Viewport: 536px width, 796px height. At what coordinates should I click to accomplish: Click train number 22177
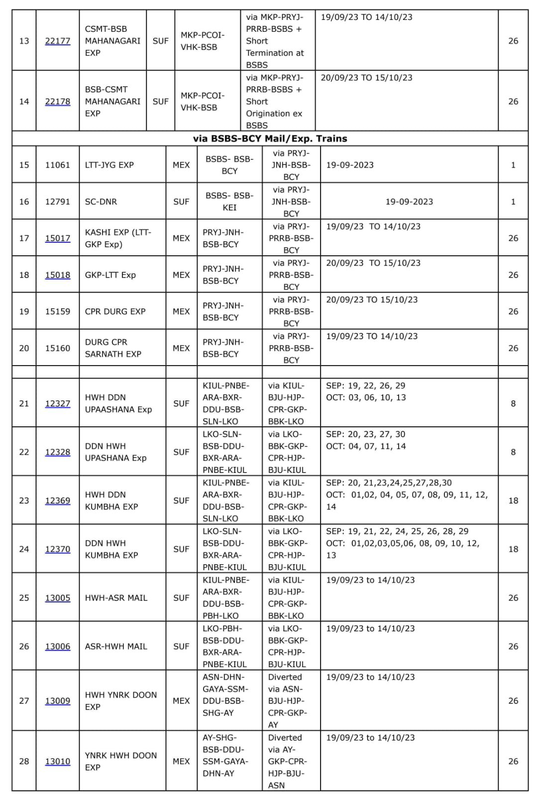pyautogui.click(x=58, y=41)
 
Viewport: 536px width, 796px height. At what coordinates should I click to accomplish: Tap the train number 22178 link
pyautogui.click(x=58, y=101)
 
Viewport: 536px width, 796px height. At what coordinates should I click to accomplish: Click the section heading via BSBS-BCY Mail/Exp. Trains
pyautogui.click(x=270, y=139)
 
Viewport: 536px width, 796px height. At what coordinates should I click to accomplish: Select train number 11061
pyautogui.click(x=58, y=165)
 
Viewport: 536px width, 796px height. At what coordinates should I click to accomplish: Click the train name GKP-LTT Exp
pyautogui.click(x=110, y=275)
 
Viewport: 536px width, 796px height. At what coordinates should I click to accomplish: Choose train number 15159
pyautogui.click(x=58, y=311)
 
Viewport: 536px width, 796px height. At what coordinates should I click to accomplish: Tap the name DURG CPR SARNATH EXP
pyautogui.click(x=113, y=348)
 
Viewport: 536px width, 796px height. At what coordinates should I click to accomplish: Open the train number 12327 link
pyautogui.click(x=58, y=403)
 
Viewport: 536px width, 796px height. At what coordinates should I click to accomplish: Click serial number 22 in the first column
pyautogui.click(x=24, y=452)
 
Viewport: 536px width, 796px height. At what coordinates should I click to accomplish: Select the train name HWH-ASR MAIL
pyautogui.click(x=116, y=598)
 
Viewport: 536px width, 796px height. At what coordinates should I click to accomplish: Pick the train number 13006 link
pyautogui.click(x=58, y=646)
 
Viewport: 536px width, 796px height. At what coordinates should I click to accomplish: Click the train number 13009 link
pyautogui.click(x=58, y=701)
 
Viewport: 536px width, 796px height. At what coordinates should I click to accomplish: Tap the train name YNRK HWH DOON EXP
pyautogui.click(x=121, y=761)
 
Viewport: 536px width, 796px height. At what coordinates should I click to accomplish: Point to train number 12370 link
pyautogui.click(x=58, y=549)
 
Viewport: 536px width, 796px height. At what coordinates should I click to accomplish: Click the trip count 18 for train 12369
pyautogui.click(x=513, y=500)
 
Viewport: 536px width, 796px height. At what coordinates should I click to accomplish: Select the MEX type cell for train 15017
pyautogui.click(x=181, y=238)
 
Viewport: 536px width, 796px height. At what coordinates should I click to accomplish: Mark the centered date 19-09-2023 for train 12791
pyautogui.click(x=409, y=201)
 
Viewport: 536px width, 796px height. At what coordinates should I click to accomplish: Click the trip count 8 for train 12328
pyautogui.click(x=513, y=452)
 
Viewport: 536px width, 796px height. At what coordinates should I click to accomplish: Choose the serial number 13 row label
pyautogui.click(x=24, y=41)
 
